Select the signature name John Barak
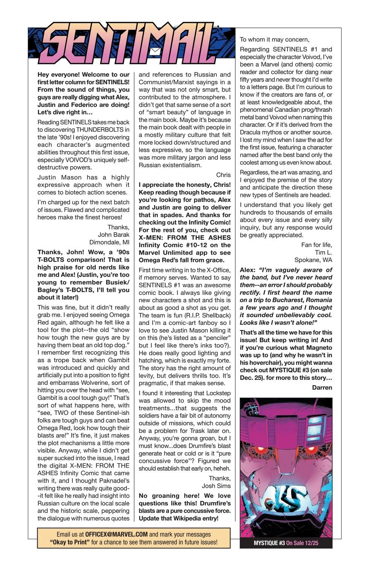point(113,235)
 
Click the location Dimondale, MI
point(109,242)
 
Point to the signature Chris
point(223,175)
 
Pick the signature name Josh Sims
point(216,486)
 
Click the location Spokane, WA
point(313,260)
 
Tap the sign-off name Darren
point(322,387)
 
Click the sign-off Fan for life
point(317,245)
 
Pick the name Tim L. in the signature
point(323,252)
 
